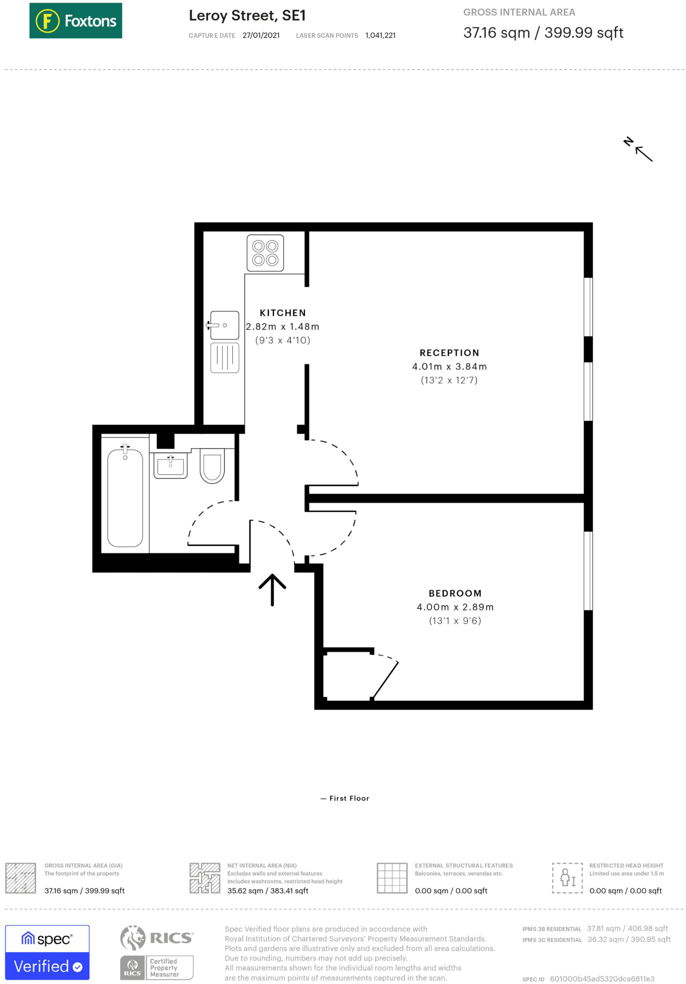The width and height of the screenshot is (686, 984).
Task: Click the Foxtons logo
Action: click(x=75, y=21)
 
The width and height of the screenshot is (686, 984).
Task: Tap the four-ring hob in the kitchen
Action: click(x=265, y=253)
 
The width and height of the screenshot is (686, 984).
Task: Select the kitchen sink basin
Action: click(x=225, y=325)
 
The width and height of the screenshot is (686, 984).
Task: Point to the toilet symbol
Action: click(x=212, y=466)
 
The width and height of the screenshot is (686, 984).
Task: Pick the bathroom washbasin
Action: click(x=170, y=466)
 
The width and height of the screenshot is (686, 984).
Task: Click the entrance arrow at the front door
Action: click(x=272, y=589)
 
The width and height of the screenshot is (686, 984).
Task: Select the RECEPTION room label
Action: click(x=449, y=353)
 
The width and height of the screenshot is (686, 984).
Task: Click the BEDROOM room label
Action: click(x=455, y=593)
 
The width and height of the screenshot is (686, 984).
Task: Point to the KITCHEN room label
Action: click(x=283, y=313)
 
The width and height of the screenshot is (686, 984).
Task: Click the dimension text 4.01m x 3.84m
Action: click(x=449, y=367)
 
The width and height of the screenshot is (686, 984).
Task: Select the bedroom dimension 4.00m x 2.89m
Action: click(x=455, y=607)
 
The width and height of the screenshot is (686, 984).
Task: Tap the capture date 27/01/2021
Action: click(x=261, y=36)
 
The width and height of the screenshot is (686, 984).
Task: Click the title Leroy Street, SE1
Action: click(x=247, y=16)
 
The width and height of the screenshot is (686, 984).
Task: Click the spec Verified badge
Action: click(x=47, y=952)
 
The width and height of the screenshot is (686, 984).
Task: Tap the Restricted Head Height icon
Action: click(x=567, y=878)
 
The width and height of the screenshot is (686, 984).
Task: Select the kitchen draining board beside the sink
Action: click(x=225, y=358)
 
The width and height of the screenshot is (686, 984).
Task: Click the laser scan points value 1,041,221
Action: click(x=380, y=36)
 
